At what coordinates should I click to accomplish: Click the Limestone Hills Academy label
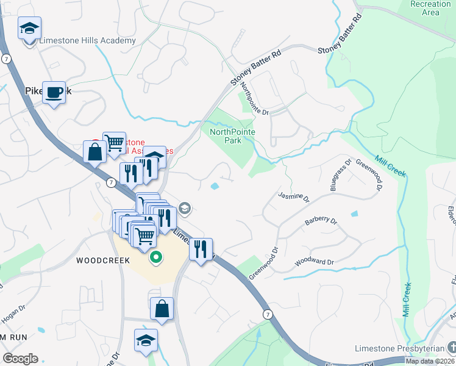pyautogui.click(x=87, y=41)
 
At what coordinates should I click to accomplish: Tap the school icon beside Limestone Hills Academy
pyautogui.click(x=29, y=29)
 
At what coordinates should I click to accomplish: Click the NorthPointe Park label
pyautogui.click(x=232, y=136)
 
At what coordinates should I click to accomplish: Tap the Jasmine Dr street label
pyautogui.click(x=293, y=197)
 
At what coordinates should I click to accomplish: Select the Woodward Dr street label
pyautogui.click(x=315, y=262)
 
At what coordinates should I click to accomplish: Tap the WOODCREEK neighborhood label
pyautogui.click(x=103, y=260)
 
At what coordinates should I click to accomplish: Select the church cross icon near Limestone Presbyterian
pyautogui.click(x=451, y=348)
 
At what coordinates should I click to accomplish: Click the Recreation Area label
pyautogui.click(x=430, y=8)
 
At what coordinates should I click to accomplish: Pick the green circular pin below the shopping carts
pyautogui.click(x=155, y=257)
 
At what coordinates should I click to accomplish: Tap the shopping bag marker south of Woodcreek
pyautogui.click(x=162, y=309)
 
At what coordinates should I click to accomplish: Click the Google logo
pyautogui.click(x=20, y=359)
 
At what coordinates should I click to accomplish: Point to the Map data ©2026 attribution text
pyautogui.click(x=430, y=361)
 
